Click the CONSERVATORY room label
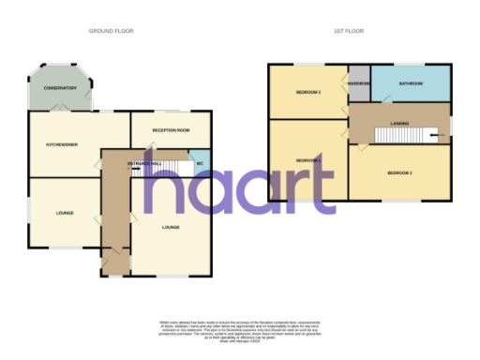coord(52,88)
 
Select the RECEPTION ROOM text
coord(172,129)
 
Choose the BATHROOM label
coord(411,83)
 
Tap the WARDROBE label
coord(359,83)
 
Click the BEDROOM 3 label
coord(308,93)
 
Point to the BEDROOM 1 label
coord(308,160)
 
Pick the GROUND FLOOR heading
coord(112,31)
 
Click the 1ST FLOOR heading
coord(350,31)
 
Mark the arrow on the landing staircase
coord(433,136)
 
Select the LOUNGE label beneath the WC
coord(172,227)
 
